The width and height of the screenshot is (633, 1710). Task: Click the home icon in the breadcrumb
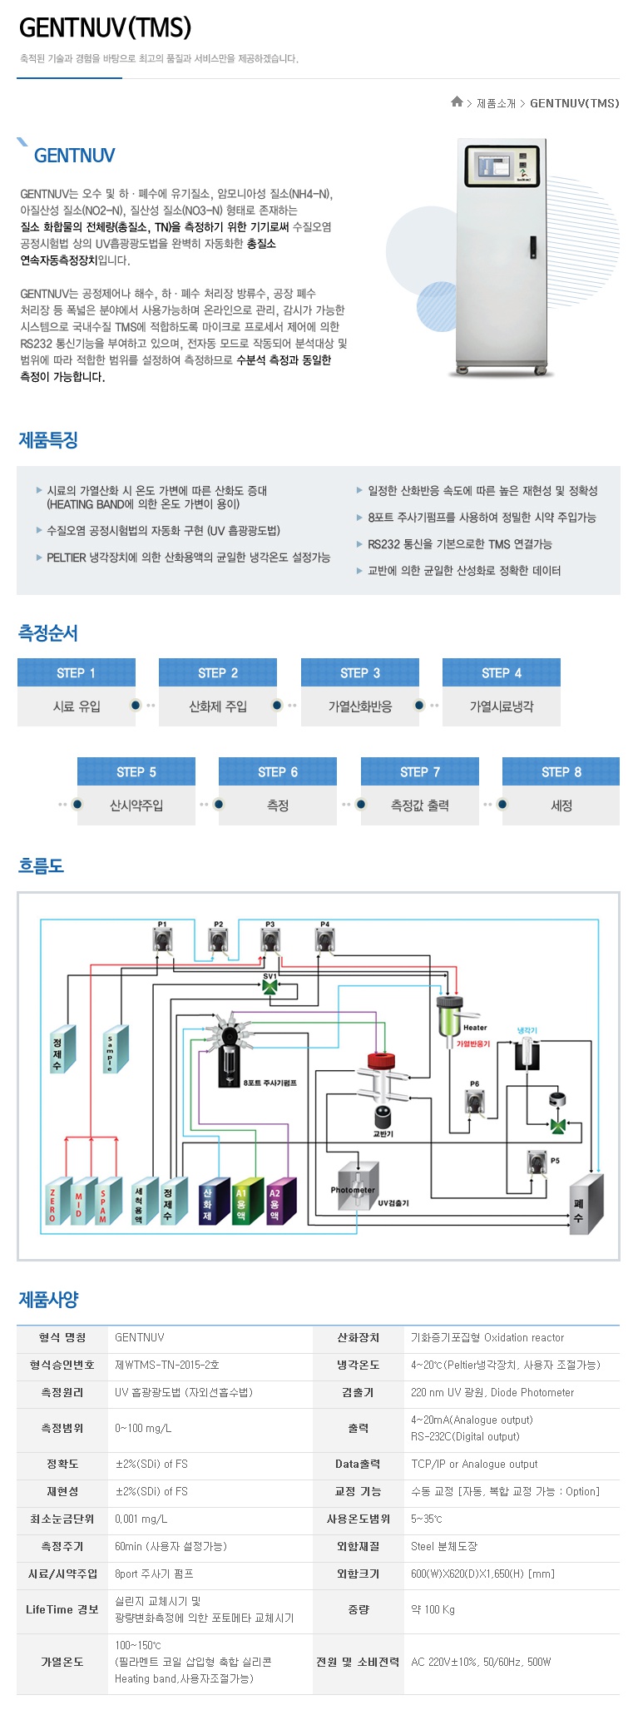click(457, 102)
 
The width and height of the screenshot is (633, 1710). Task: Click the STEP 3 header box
click(359, 672)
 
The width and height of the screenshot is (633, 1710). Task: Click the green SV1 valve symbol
click(270, 986)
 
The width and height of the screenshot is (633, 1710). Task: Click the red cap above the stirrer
click(382, 1062)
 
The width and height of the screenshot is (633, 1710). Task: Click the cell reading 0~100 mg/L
click(143, 1428)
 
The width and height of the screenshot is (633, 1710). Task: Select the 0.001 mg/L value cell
click(141, 1519)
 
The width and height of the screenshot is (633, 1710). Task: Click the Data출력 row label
click(358, 1464)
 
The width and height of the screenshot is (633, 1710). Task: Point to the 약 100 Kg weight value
click(433, 1609)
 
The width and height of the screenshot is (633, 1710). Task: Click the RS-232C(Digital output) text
click(465, 1436)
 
